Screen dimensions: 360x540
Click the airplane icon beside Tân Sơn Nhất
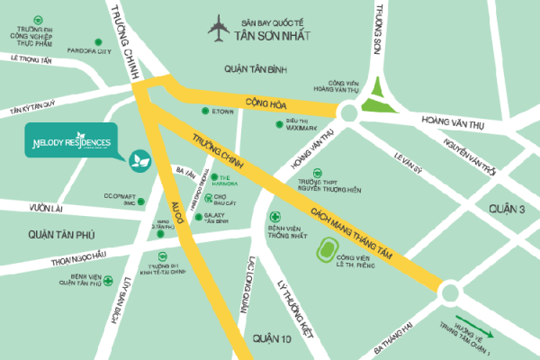218,29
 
